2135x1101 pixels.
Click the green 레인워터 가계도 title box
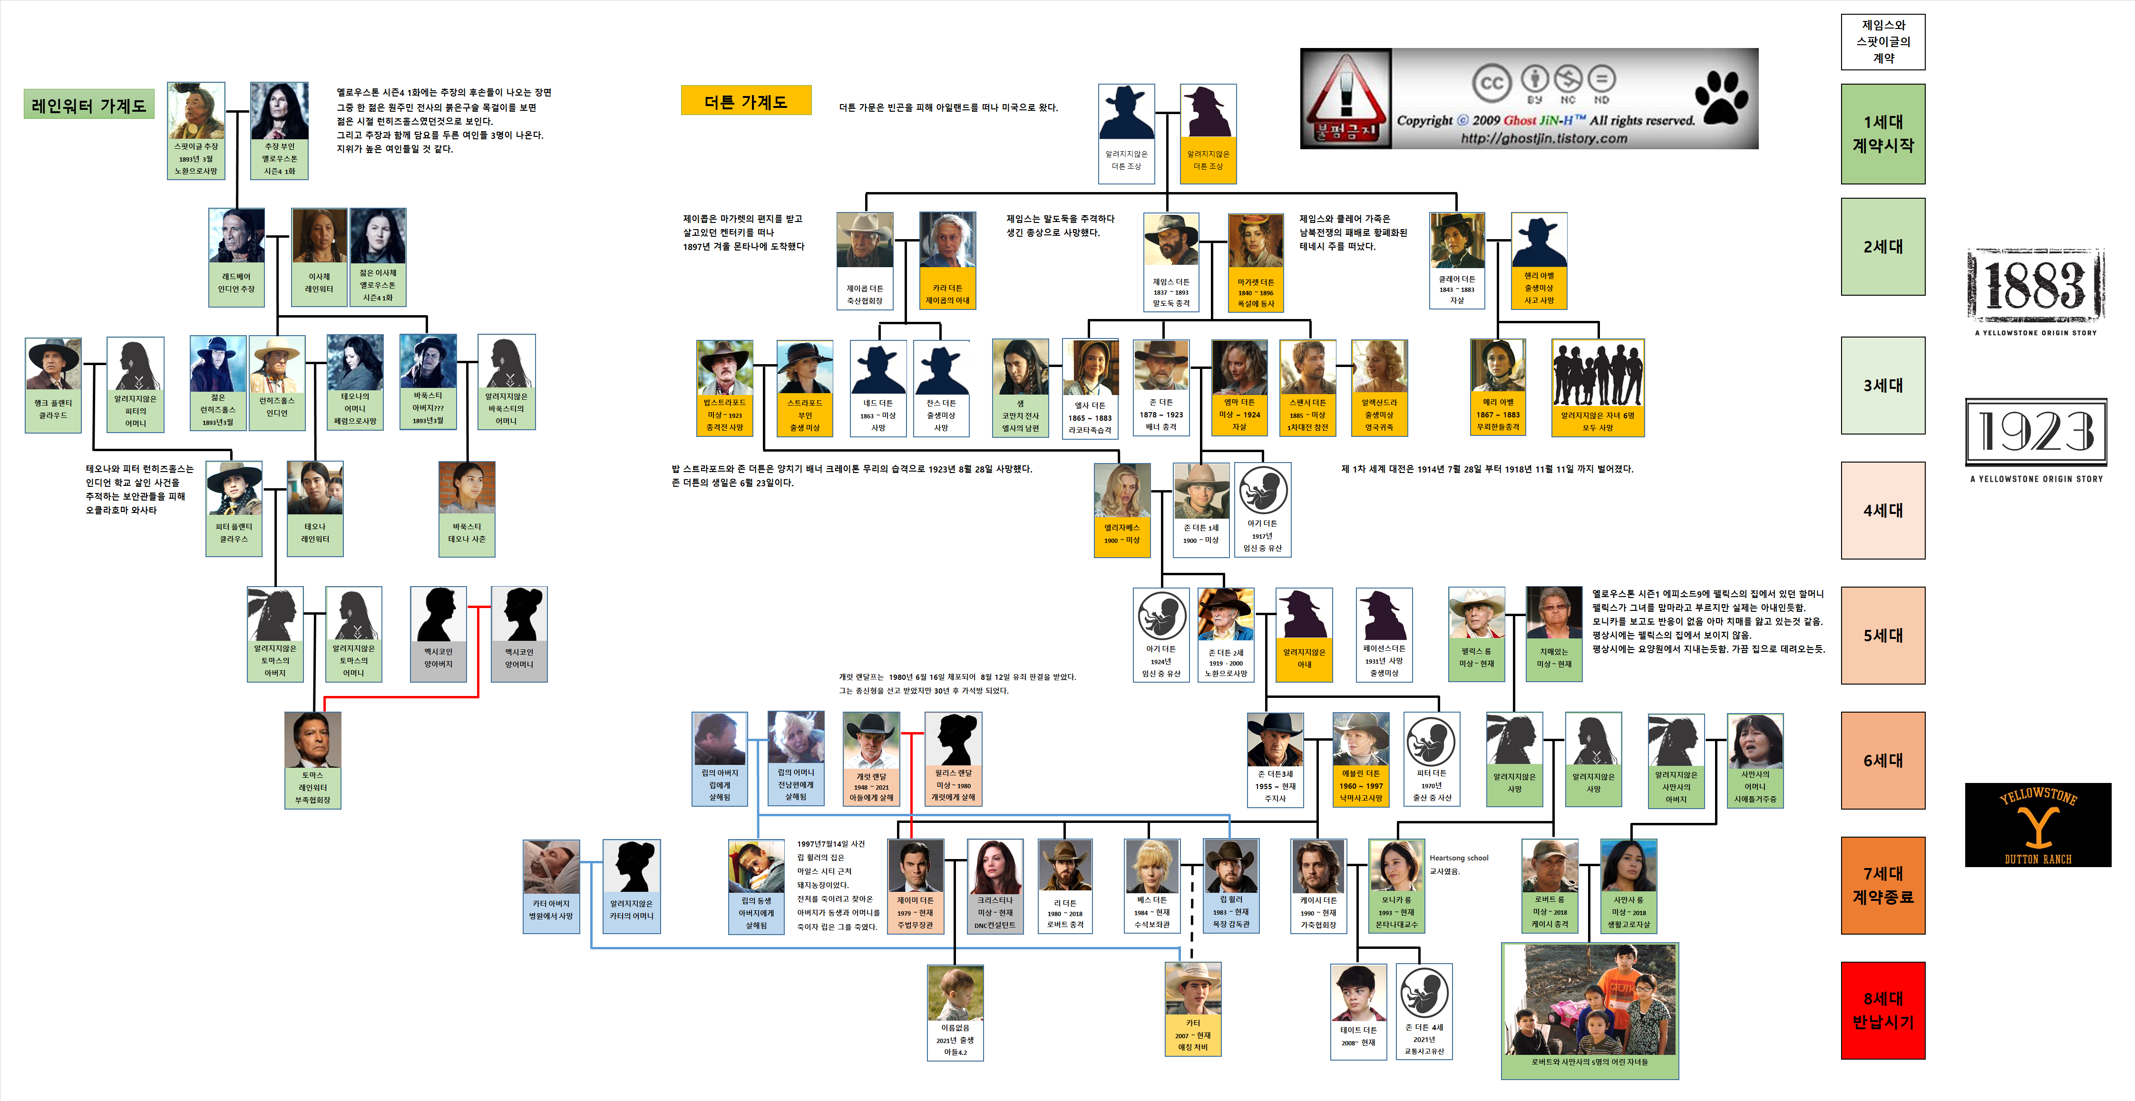tap(88, 105)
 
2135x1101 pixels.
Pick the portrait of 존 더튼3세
tap(1275, 740)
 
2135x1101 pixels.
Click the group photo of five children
tap(1589, 999)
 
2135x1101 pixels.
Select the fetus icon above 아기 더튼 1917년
tap(1262, 490)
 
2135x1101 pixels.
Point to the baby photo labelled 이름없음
tap(955, 993)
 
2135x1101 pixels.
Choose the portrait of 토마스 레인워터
tap(312, 740)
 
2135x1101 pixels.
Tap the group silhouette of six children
tap(1597, 375)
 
